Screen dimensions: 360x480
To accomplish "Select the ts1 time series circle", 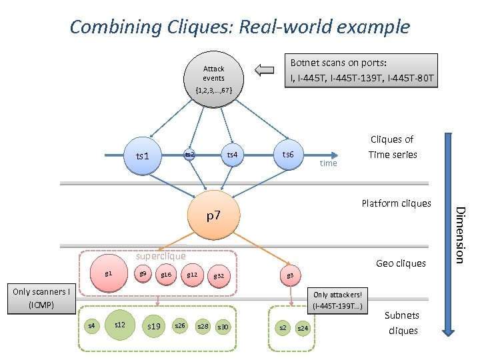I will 143,156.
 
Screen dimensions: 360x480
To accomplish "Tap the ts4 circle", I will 231,155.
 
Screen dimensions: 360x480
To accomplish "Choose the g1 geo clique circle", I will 109,274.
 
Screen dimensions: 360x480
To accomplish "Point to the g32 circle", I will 218,276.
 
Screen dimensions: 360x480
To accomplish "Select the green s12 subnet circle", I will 120,325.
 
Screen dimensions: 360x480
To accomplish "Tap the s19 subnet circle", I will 154,326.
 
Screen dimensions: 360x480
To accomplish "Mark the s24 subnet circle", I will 303,327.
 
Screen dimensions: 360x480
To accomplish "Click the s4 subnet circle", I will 92,325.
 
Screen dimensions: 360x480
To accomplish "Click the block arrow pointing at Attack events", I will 265,70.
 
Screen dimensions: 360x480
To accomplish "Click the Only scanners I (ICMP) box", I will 40,299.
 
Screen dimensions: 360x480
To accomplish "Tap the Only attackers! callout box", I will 337,300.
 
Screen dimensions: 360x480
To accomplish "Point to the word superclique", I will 161,256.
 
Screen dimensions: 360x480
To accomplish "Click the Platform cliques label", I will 396,203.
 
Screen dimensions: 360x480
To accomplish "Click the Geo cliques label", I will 401,263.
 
